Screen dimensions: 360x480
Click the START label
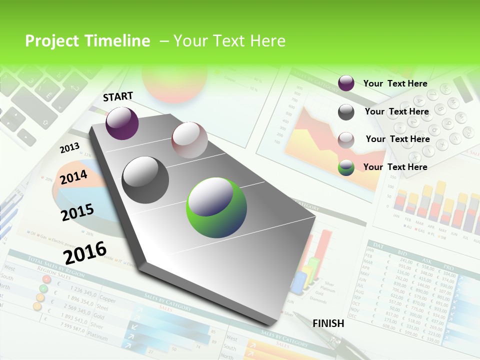tap(118, 96)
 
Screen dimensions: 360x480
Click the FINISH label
tap(328, 323)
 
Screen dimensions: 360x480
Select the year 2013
tap(69, 148)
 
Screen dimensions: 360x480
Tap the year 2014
tap(73, 177)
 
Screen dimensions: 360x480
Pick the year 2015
tap(77, 212)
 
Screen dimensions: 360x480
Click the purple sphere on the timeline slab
tap(122, 123)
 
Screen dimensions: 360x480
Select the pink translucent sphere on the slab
tap(189, 140)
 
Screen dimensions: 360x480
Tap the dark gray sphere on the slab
tap(145, 180)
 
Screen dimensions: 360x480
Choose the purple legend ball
tap(346, 83)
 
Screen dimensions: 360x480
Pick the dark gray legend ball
tap(346, 112)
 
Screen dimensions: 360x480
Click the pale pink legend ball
tap(346, 140)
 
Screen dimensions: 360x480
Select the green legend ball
tap(346, 168)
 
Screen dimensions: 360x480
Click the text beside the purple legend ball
tap(395, 83)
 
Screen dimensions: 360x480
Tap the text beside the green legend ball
tap(395, 167)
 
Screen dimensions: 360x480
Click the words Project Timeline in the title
tap(87, 41)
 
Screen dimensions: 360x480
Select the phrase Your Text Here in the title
tap(229, 41)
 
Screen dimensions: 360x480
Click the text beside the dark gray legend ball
tap(396, 111)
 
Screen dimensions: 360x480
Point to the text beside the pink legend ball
tap(397, 139)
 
